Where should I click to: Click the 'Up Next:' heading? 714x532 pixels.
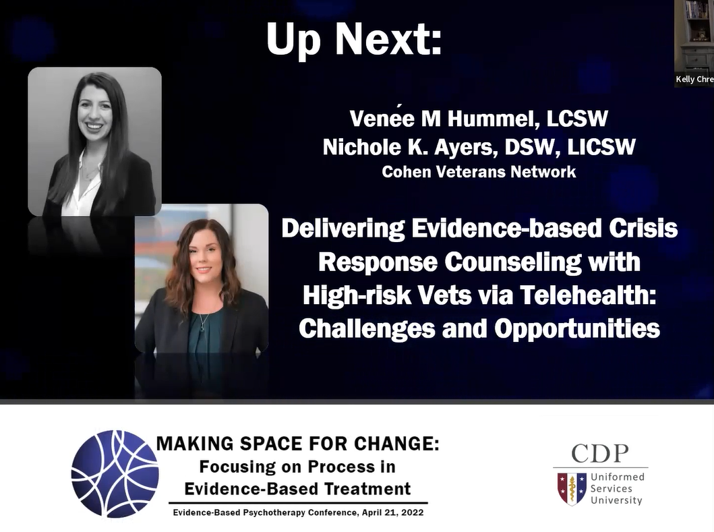(x=354, y=40)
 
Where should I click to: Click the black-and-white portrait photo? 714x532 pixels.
(x=94, y=141)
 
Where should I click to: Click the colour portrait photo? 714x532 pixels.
(x=202, y=278)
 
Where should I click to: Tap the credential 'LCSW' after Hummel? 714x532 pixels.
(x=577, y=119)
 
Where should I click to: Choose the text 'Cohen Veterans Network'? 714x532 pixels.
(x=479, y=172)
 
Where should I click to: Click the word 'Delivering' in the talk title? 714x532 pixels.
(x=343, y=229)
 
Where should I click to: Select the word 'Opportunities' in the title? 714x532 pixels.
(x=577, y=329)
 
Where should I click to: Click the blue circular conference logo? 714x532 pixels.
(x=115, y=474)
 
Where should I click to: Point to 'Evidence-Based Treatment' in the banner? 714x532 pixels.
(x=297, y=489)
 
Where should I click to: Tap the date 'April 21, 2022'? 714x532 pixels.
(x=393, y=513)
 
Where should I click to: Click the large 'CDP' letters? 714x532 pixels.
(x=600, y=454)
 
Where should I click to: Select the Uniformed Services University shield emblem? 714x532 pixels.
(x=572, y=489)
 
